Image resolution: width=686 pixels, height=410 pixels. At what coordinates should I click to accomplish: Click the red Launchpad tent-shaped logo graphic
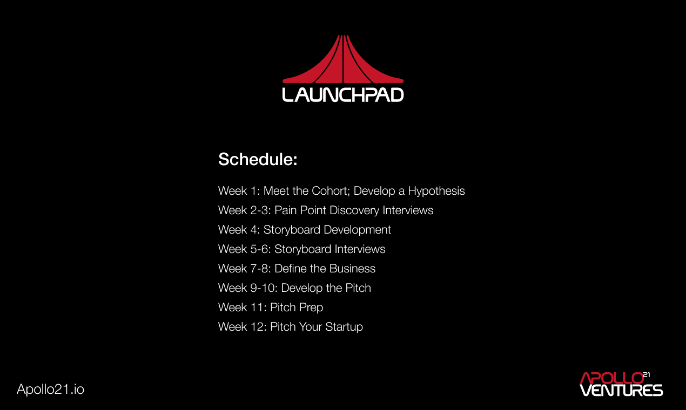(343, 62)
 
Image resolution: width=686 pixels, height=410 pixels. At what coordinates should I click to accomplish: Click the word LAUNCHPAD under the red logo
(343, 95)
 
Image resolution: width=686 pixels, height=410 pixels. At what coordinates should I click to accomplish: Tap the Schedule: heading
(258, 160)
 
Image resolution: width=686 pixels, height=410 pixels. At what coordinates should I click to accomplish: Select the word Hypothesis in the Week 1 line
(436, 191)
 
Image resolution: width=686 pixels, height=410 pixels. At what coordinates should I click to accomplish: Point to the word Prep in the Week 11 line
(311, 307)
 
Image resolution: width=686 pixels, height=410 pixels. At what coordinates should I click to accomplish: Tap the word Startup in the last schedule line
(344, 327)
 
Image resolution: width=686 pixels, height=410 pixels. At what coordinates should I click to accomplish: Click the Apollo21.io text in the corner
(51, 389)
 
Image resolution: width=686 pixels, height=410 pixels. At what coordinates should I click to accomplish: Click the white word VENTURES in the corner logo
(621, 390)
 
